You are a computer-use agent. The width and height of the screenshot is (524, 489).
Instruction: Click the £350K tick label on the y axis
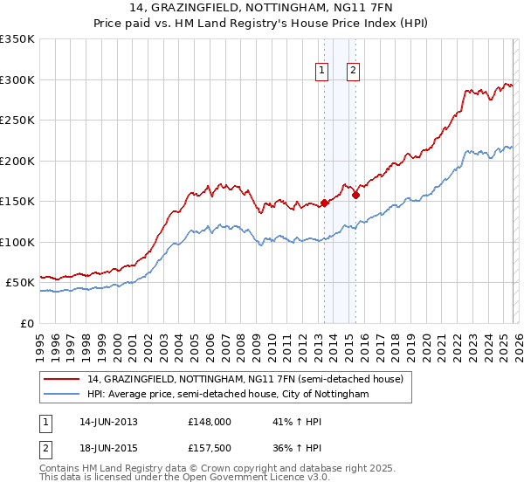[17, 39]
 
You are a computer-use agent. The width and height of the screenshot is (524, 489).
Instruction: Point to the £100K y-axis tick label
[17, 242]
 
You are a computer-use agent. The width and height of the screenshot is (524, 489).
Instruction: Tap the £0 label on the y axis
[28, 323]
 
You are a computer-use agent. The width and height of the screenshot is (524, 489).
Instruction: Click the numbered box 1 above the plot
[322, 72]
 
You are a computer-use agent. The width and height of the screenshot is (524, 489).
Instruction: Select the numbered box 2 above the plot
[354, 72]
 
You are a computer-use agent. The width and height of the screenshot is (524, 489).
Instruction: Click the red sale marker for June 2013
[324, 203]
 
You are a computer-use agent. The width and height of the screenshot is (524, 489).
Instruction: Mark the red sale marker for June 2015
[355, 196]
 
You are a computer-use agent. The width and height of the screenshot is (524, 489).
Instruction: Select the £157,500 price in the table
[209, 450]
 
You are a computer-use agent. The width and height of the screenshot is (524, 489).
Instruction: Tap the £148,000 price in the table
[209, 422]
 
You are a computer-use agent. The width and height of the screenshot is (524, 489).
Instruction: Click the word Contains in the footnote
[60, 469]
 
